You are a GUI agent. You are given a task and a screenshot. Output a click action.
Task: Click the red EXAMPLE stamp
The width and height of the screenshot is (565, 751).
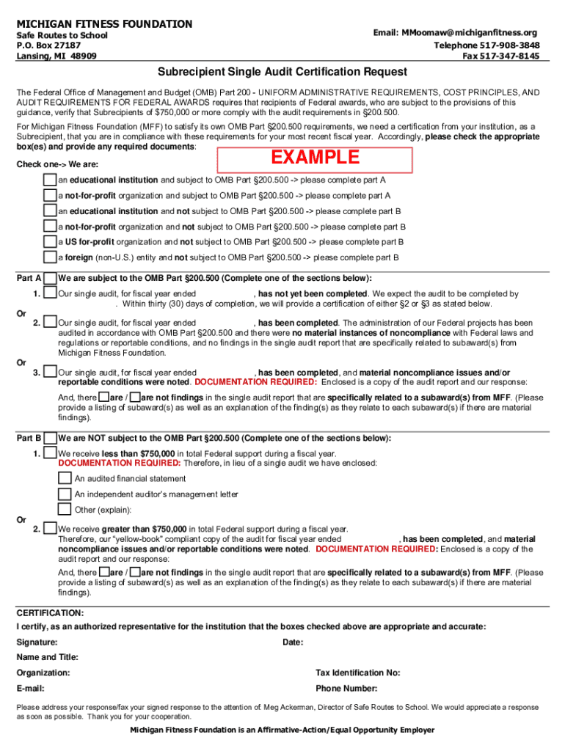pyautogui.click(x=316, y=158)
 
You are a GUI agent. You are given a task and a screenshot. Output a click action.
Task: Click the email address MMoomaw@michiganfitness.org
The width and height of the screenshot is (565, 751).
pyautogui.click(x=456, y=33)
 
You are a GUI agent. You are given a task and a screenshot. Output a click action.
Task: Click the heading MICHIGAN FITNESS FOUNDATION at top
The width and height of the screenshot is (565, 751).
pyautogui.click(x=104, y=24)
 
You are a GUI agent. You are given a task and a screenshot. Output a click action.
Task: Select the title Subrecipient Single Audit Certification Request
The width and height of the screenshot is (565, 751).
pyautogui.click(x=282, y=72)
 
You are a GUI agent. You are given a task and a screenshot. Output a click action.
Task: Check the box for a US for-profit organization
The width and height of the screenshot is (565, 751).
pyautogui.click(x=50, y=242)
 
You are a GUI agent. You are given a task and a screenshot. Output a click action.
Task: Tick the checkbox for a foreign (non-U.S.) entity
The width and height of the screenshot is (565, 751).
pyautogui.click(x=50, y=257)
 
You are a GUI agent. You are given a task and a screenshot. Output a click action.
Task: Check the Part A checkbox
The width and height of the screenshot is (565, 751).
pyautogui.click(x=50, y=279)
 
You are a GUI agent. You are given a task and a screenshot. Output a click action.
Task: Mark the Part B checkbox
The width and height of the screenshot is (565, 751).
pyautogui.click(x=50, y=439)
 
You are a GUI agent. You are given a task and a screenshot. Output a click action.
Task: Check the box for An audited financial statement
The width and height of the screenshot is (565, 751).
pyautogui.click(x=65, y=479)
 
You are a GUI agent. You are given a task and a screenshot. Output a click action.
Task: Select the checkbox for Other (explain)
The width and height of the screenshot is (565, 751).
pyautogui.click(x=65, y=510)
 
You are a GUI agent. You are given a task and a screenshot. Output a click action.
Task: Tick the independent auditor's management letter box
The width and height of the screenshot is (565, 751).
pyautogui.click(x=65, y=494)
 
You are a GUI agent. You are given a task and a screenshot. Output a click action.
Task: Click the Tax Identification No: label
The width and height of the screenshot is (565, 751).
pyautogui.click(x=357, y=673)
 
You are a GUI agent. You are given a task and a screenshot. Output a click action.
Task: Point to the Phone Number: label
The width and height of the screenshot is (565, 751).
pyautogui.click(x=346, y=689)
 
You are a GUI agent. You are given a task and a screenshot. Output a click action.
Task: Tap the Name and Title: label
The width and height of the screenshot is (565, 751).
pyautogui.click(x=48, y=657)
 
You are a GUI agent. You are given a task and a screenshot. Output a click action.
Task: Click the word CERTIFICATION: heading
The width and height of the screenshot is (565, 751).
pyautogui.click(x=50, y=612)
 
